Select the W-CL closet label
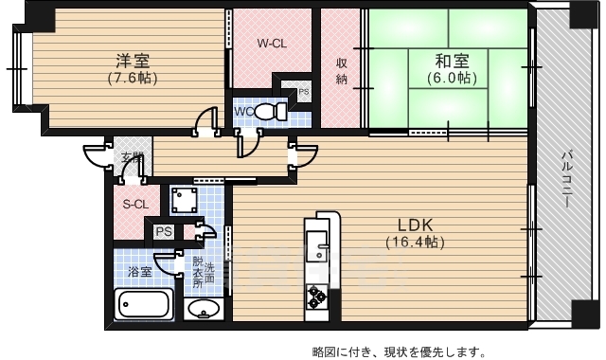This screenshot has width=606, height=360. coord(273,43)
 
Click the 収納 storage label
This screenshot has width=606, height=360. coord(342,71)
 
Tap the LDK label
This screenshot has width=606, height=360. coord(414,225)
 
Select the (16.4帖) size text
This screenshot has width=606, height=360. coord(414,243)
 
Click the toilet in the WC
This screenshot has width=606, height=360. coord(270,112)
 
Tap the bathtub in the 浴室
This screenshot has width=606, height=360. coord(143,305)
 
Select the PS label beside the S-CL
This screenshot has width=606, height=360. coord(163,231)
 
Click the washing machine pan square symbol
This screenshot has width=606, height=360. coord(183,200)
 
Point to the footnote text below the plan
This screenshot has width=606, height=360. coord(400,351)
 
